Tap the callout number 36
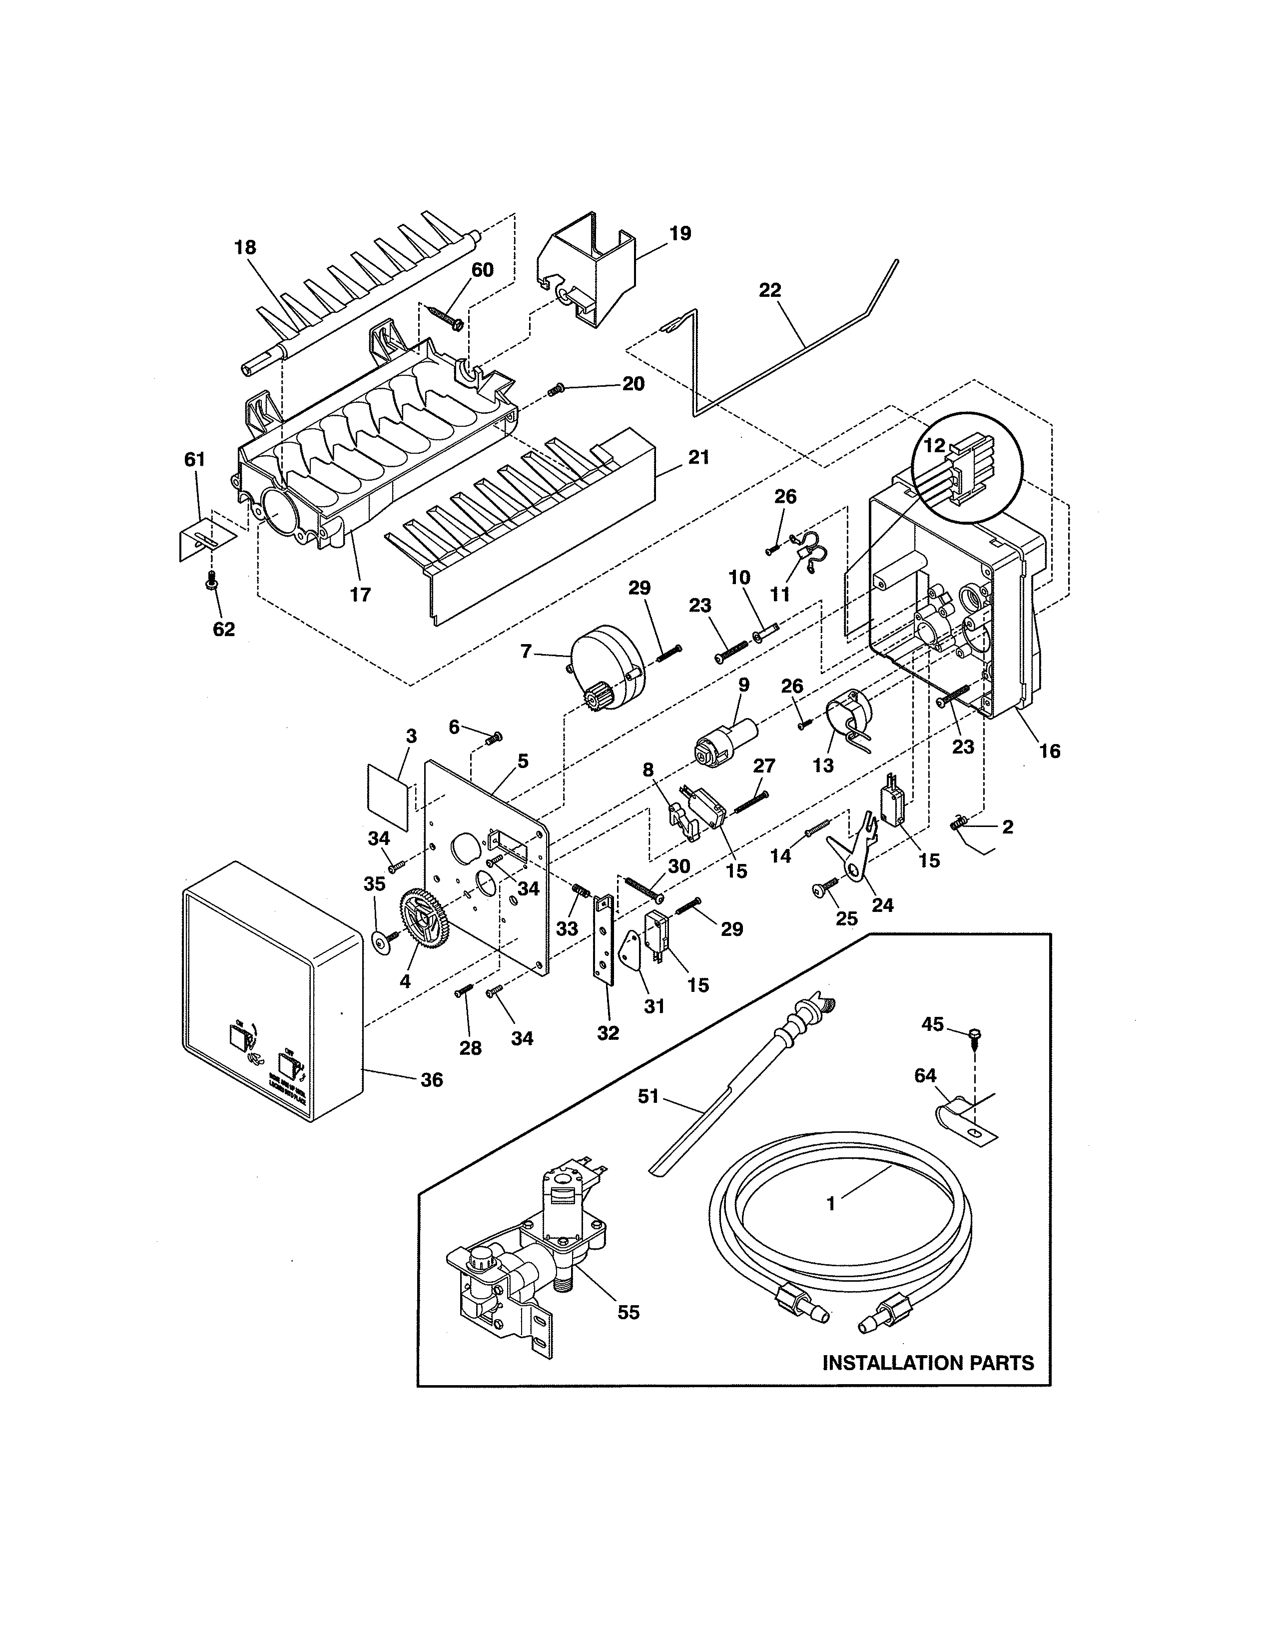click(x=431, y=1080)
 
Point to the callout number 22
click(x=770, y=290)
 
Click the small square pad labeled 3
click(x=390, y=796)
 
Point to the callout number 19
click(x=680, y=233)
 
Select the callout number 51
click(x=648, y=1096)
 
